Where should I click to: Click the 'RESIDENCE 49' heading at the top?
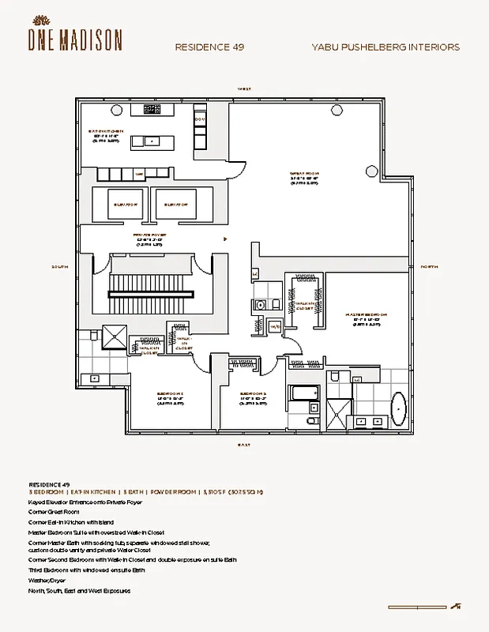[209, 47]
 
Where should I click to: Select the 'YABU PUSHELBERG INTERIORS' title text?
[386, 47]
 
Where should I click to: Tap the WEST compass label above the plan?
[245, 89]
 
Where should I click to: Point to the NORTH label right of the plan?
[429, 267]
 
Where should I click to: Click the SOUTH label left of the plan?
[60, 267]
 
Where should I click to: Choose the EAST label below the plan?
[245, 446]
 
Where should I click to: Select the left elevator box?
[118, 205]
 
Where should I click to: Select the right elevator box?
[179, 205]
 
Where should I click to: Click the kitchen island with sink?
[150, 142]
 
